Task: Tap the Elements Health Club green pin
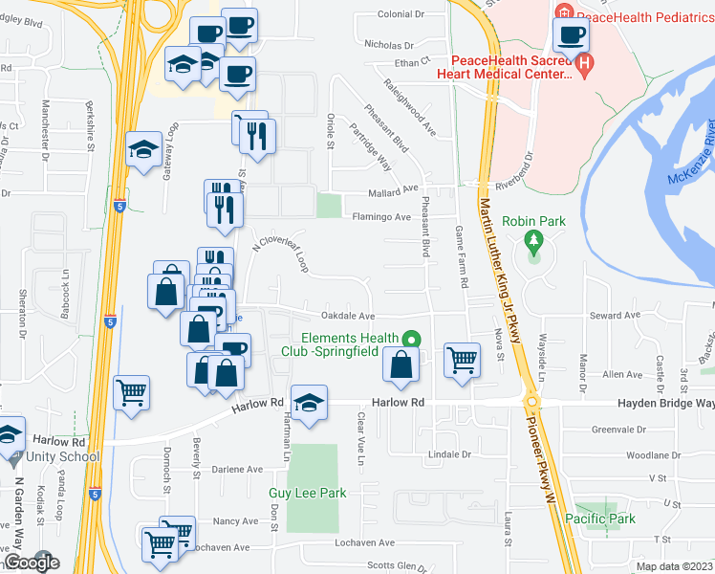click(x=411, y=339)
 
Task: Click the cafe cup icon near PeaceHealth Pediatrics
click(x=571, y=36)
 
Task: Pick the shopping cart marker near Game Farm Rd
click(x=462, y=360)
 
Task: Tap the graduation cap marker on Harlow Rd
click(x=309, y=403)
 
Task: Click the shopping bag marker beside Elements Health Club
click(x=400, y=364)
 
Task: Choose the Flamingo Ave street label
click(x=376, y=216)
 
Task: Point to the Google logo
click(x=31, y=563)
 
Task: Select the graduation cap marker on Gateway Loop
click(x=143, y=149)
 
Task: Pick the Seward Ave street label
click(x=617, y=316)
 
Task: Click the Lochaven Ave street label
click(x=221, y=548)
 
